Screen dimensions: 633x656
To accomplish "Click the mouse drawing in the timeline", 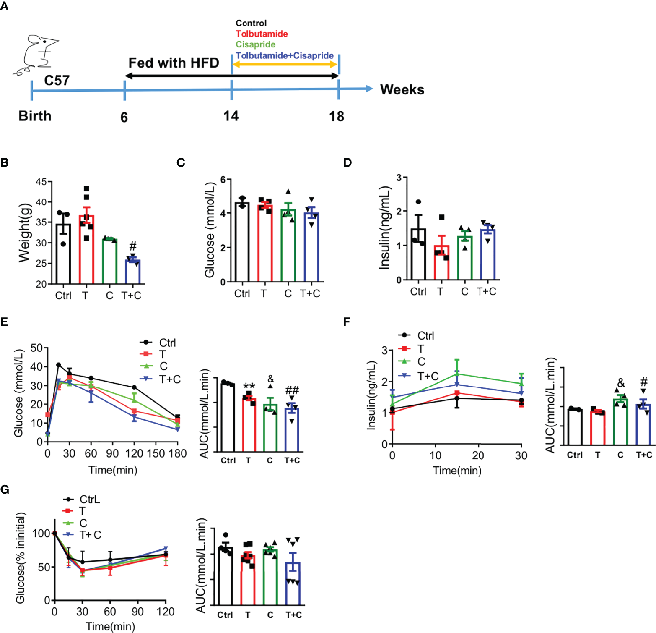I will pos(37,55).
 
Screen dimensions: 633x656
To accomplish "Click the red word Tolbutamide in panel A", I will pos(262,34).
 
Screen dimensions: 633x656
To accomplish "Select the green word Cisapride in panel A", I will pos(255,44).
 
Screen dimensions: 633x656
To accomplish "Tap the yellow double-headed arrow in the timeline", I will pos(285,64).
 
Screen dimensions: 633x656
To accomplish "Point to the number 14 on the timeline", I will pos(231,116).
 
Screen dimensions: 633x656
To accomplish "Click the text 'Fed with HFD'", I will pos(174,63).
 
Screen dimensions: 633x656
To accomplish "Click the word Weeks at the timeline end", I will pos(402,90).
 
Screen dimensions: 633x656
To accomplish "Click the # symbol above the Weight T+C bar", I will pos(133,246).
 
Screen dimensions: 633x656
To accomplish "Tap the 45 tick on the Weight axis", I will pos(41,182).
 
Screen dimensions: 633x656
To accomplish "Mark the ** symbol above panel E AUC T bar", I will pos(249,387).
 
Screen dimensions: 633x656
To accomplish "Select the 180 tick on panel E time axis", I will pos(178,453).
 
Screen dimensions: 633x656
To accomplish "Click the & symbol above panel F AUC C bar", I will pos(621,383).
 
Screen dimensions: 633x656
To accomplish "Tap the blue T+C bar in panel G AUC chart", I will pos(293,583).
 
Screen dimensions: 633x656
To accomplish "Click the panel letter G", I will pos(5,489).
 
